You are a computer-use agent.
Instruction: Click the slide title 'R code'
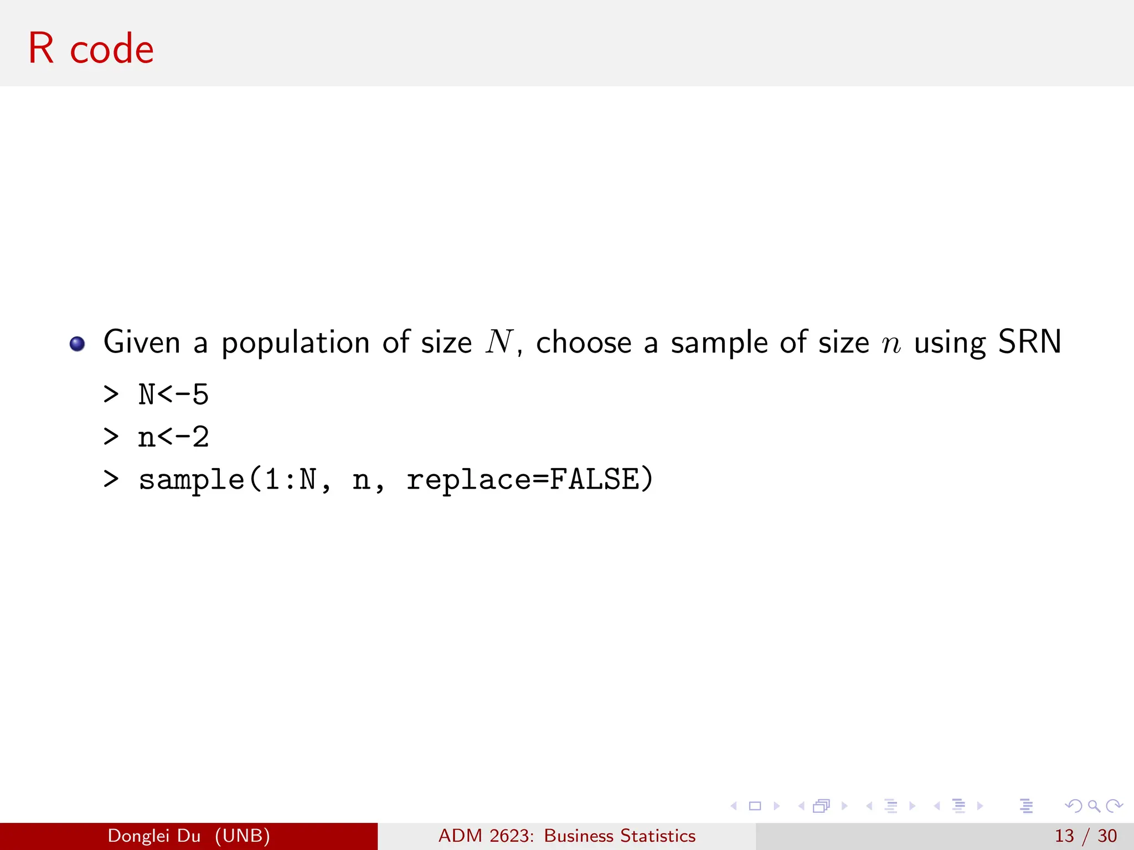click(91, 49)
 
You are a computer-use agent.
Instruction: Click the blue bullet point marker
click(77, 344)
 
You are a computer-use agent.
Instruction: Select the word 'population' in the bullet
click(295, 343)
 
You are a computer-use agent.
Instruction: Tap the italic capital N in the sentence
click(499, 341)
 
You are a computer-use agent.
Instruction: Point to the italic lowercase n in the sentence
click(891, 344)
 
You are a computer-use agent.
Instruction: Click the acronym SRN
click(1029, 341)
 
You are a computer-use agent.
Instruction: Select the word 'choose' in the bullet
click(584, 342)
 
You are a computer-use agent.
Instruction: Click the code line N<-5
click(173, 395)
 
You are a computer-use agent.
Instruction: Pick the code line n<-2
click(173, 437)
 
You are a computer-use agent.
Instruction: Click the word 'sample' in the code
click(191, 479)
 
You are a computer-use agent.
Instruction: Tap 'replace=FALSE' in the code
click(530, 479)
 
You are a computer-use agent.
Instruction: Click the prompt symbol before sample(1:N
click(111, 479)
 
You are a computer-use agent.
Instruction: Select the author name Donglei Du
click(154, 836)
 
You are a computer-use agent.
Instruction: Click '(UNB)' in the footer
click(243, 836)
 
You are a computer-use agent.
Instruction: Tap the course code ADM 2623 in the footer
click(486, 836)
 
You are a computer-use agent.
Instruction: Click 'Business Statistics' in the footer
click(620, 836)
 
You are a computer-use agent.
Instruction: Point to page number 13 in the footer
click(1064, 836)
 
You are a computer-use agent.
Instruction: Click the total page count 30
click(1107, 836)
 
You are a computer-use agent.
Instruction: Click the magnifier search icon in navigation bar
click(1094, 806)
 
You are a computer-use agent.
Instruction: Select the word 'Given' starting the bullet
click(142, 342)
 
